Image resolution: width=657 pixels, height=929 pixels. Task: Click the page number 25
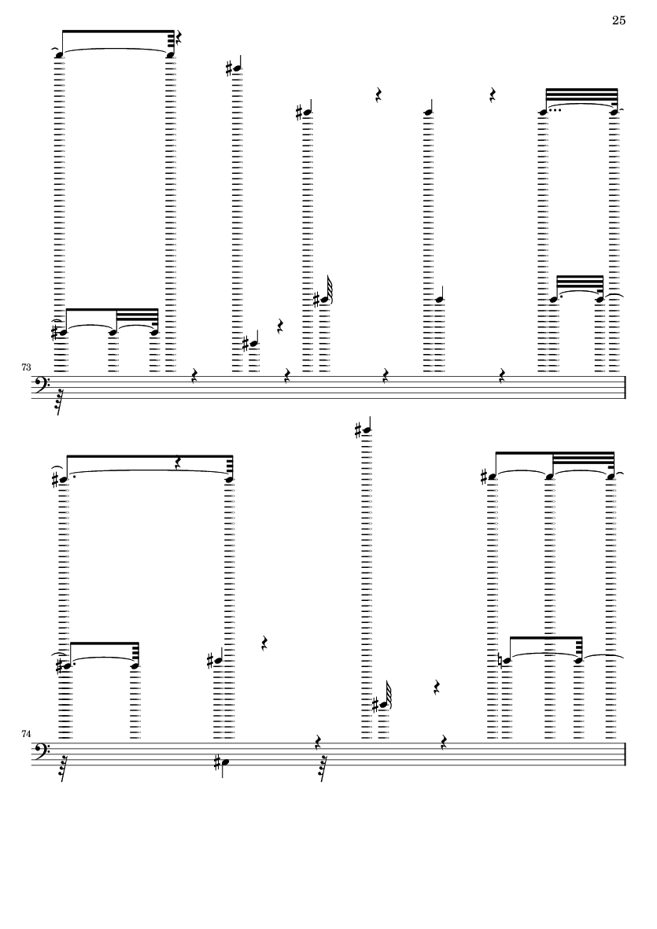pyautogui.click(x=618, y=20)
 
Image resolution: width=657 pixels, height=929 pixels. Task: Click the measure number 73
pyautogui.click(x=26, y=367)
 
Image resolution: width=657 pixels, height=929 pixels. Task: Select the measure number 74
pyautogui.click(x=26, y=733)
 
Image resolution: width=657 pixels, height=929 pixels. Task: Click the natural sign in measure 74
pyautogui.click(x=500, y=661)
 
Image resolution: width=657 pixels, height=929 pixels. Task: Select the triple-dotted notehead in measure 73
pyautogui.click(x=543, y=111)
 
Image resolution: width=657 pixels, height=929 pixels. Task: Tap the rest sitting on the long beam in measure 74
pyautogui.click(x=179, y=464)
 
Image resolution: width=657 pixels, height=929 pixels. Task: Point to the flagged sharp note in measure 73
pyautogui.click(x=324, y=299)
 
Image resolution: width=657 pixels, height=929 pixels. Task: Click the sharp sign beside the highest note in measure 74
pyautogui.click(x=358, y=430)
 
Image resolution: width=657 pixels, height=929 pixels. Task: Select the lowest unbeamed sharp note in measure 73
pyautogui.click(x=253, y=342)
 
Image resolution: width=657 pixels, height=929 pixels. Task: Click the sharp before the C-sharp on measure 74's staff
pyautogui.click(x=217, y=760)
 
